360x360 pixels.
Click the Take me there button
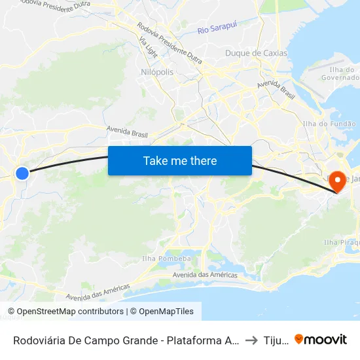click(x=180, y=160)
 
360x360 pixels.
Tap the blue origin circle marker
click(x=22, y=173)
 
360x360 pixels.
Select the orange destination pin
click(x=338, y=181)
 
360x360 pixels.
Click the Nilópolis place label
click(x=157, y=72)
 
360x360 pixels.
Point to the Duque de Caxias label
click(x=256, y=53)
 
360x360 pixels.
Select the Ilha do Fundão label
click(x=329, y=124)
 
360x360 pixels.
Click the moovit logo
click(x=321, y=339)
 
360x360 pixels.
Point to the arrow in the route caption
click(x=251, y=340)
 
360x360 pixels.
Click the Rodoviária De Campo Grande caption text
click(x=124, y=340)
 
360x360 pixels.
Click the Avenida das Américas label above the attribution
click(x=98, y=292)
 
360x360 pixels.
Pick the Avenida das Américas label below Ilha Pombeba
click(x=205, y=275)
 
